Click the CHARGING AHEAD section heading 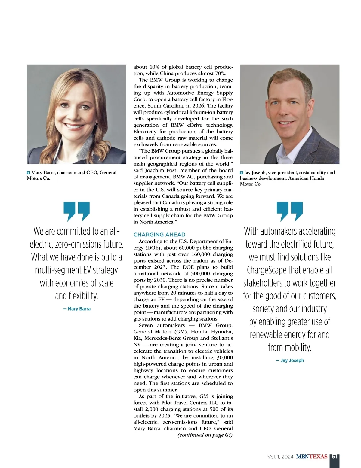click(x=159, y=235)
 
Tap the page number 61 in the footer click(x=335, y=457)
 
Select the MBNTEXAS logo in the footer click(x=312, y=457)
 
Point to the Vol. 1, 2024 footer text click(x=280, y=457)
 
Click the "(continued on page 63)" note click(x=205, y=435)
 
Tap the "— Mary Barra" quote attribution click(x=77, y=309)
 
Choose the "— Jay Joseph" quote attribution click(x=290, y=360)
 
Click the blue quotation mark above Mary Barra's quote click(x=77, y=211)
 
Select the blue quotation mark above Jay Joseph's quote click(x=290, y=211)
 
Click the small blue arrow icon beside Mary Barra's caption click(x=29, y=172)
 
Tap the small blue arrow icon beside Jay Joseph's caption click(x=242, y=172)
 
